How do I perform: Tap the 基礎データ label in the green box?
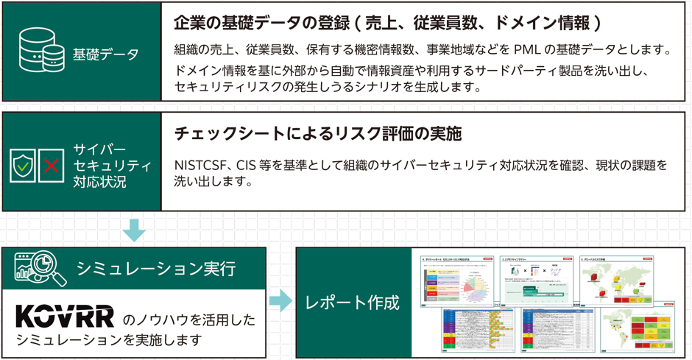coord(106,54)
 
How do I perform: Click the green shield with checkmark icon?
coord(24,166)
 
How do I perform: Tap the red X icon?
coord(51,166)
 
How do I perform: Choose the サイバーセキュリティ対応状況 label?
coord(112,166)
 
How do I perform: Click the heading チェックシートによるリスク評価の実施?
coord(317,134)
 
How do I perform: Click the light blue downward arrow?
coord(134,230)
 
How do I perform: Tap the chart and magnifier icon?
coord(40,269)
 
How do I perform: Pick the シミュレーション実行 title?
coord(156,269)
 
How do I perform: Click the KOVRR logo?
coord(65,317)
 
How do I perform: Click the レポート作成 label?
coord(353,302)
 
